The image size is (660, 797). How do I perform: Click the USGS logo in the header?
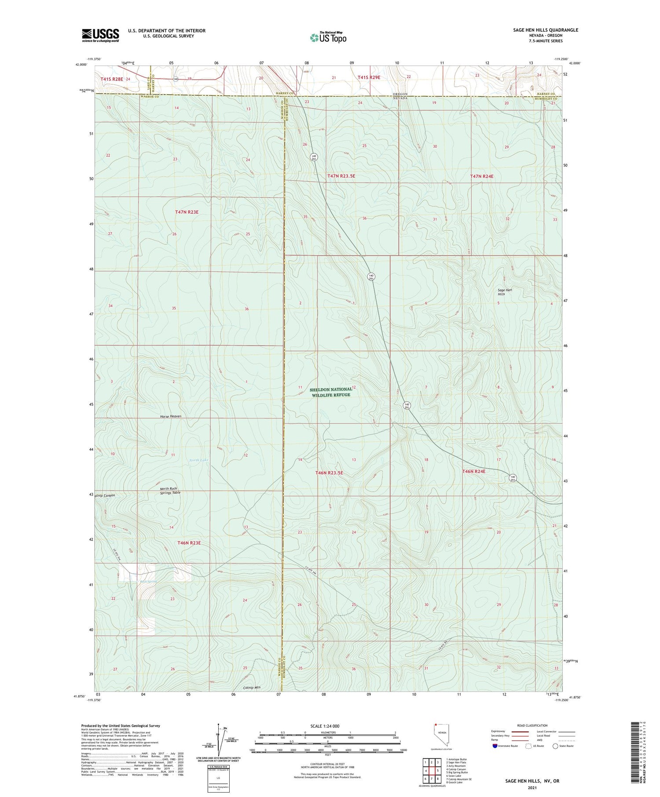(x=100, y=35)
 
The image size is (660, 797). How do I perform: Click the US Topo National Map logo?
(x=328, y=38)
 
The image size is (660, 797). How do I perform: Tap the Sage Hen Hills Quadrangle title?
(x=545, y=30)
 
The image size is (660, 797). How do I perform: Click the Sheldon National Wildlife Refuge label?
(x=331, y=392)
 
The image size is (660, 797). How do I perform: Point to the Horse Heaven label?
(x=171, y=416)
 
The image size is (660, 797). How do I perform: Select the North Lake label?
(x=198, y=460)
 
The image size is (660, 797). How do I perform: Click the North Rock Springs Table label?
(x=170, y=491)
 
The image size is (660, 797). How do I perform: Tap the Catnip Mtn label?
(x=252, y=687)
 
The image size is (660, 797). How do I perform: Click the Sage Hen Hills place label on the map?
(x=505, y=292)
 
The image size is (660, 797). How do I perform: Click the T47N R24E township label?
(x=482, y=176)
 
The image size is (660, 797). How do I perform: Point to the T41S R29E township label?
(x=369, y=77)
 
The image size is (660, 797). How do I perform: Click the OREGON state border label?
(x=400, y=94)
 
